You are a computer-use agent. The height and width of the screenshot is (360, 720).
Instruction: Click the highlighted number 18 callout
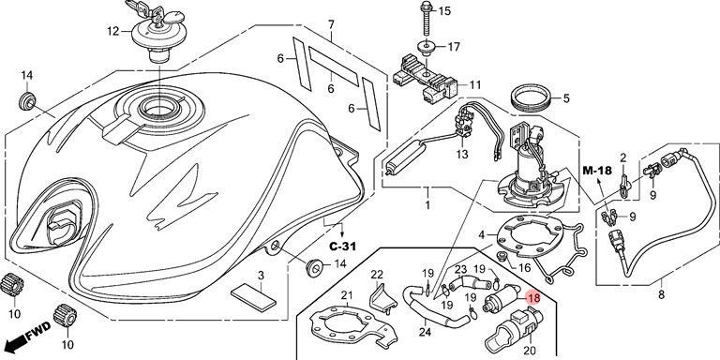(533, 298)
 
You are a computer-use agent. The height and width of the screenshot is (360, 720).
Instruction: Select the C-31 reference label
(342, 247)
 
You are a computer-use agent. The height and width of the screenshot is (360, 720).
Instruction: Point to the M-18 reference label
(597, 172)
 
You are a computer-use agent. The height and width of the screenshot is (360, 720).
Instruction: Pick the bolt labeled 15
(426, 20)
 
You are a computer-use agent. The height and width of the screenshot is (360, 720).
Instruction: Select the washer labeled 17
(427, 48)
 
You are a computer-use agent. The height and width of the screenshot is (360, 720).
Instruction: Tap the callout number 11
(475, 85)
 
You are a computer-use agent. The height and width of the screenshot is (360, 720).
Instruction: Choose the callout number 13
(462, 155)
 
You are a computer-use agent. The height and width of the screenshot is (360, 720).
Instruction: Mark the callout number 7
(331, 23)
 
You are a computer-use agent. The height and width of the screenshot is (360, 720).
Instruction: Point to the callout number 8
(661, 294)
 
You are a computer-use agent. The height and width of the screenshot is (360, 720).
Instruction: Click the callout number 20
(530, 351)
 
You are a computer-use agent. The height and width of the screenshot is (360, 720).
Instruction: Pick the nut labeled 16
(502, 256)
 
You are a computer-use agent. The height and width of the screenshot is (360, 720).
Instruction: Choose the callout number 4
(481, 236)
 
